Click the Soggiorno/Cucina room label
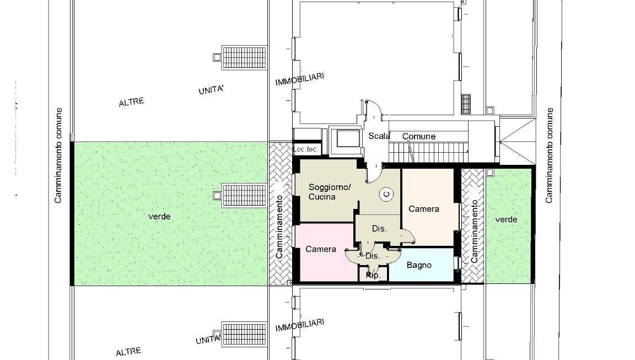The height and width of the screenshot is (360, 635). click(329, 192)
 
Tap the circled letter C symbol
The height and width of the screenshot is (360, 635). click(387, 195)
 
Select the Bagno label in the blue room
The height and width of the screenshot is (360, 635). click(419, 265)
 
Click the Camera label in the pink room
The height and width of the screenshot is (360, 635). click(321, 249)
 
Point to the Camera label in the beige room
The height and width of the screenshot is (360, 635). click(423, 209)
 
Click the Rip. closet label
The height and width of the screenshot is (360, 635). click(373, 275)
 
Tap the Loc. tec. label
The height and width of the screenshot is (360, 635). click(305, 149)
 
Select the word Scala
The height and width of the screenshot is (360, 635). click(379, 136)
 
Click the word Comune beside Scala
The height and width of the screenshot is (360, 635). click(419, 137)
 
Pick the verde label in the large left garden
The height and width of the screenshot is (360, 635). click(159, 217)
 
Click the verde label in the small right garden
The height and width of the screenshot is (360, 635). click(506, 219)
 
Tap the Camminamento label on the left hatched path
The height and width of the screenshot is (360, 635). click(279, 227)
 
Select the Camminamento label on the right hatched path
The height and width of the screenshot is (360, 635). click(475, 231)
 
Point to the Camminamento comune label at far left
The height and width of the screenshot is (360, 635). click(58, 155)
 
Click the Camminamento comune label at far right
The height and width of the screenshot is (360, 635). click(549, 155)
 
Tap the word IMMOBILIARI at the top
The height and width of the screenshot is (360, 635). click(300, 79)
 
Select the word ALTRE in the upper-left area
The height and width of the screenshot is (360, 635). click(131, 102)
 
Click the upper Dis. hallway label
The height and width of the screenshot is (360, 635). click(379, 229)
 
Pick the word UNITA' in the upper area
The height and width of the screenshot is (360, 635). click(211, 89)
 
